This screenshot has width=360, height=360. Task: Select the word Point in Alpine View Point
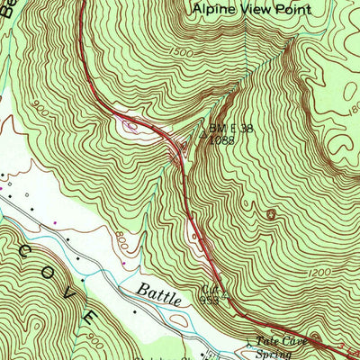coord(293,9)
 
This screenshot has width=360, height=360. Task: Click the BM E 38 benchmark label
coord(230,128)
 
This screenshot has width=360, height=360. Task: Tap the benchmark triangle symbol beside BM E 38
coord(203,139)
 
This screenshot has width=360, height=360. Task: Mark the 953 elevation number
coord(209,301)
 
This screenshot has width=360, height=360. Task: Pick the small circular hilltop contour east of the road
coord(271,214)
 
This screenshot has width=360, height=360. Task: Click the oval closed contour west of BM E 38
coord(133,125)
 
